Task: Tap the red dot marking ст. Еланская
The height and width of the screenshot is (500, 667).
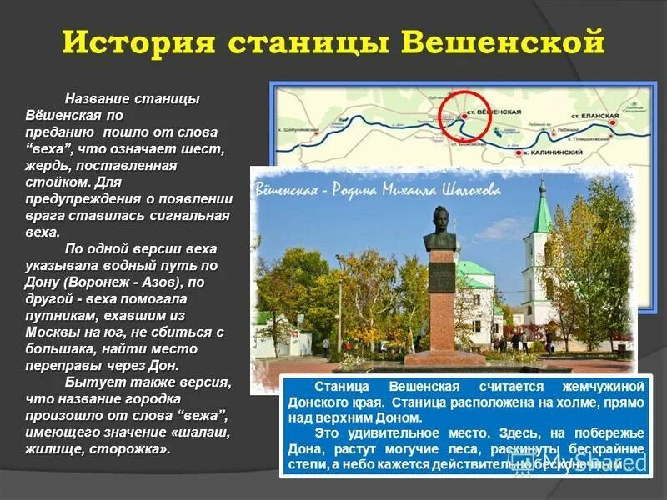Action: point(613,122)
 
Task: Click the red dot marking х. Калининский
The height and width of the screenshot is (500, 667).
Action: point(518,152)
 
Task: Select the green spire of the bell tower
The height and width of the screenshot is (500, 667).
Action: point(542,208)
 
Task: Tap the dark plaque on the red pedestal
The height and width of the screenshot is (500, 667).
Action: point(441,275)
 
